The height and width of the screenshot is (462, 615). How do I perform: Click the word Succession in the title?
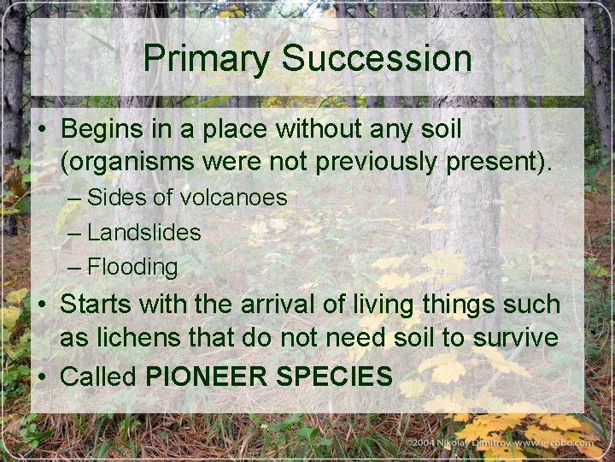tap(376, 59)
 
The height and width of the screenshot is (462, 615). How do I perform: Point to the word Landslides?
tap(144, 232)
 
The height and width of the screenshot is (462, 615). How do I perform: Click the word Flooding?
tap(133, 267)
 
